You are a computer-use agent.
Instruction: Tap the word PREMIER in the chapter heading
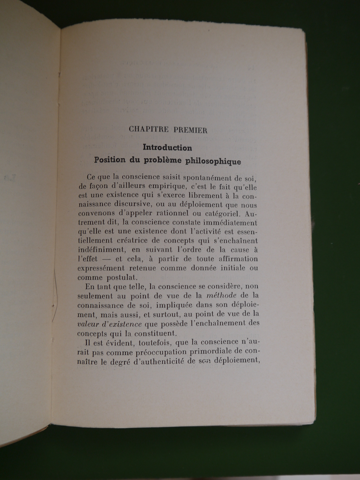(190, 130)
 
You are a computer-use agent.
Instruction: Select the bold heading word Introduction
(167, 148)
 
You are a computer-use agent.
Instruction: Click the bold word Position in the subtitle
(110, 160)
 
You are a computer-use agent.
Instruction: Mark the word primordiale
(211, 351)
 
